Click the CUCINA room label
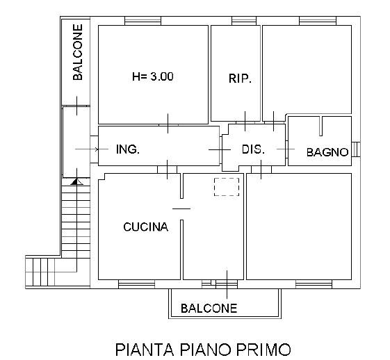click(145, 227)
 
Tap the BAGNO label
click(327, 152)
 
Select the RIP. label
click(240, 79)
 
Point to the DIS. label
click(253, 149)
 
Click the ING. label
click(128, 149)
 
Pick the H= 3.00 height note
click(153, 76)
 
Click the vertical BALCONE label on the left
click(78, 52)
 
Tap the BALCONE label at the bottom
click(209, 309)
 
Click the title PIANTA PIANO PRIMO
click(203, 349)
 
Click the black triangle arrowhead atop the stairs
click(77, 182)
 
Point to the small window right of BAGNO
click(356, 149)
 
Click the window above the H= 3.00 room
click(143, 21)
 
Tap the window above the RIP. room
click(244, 21)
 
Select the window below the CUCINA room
click(136, 284)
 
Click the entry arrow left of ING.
click(87, 149)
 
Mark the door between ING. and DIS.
click(220, 149)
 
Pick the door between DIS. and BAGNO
click(286, 149)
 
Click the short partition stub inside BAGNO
click(321, 126)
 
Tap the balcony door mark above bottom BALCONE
click(227, 284)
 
